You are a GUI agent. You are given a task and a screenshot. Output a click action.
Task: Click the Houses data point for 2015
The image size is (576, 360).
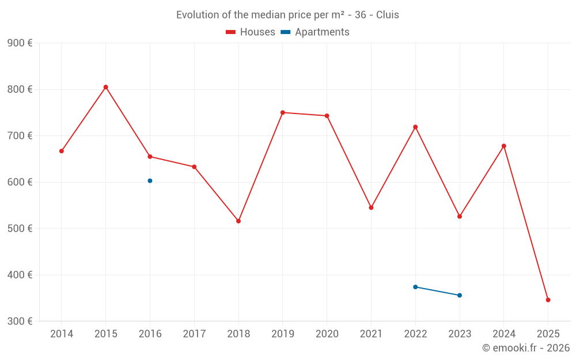[106, 87]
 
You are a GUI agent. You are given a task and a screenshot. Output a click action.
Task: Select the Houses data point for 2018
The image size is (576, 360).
[238, 221]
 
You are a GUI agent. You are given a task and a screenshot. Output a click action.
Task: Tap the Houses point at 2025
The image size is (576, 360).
[548, 300]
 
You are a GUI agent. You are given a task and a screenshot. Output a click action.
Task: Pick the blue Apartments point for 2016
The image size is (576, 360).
[150, 181]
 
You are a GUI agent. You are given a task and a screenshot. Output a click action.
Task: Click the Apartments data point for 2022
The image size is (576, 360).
[415, 287]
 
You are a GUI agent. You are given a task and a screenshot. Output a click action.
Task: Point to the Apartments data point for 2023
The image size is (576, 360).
[460, 295]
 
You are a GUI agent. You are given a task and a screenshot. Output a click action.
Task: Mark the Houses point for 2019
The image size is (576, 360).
[283, 112]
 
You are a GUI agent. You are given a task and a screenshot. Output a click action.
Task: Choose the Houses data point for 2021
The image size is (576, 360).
[371, 207]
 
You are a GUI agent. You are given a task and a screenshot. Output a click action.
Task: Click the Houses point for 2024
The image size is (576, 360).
[504, 146]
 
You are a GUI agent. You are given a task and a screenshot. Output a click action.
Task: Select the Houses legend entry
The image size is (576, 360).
[251, 32]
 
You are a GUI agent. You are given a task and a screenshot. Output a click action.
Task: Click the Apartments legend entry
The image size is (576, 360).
[315, 32]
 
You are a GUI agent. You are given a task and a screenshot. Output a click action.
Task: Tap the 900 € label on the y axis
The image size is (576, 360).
[20, 43]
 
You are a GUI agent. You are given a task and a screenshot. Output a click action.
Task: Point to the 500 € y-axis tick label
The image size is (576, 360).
[20, 229]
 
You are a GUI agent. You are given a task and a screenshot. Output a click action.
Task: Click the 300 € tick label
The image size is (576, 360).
[20, 321]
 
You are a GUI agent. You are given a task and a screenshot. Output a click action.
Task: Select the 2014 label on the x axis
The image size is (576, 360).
[62, 334]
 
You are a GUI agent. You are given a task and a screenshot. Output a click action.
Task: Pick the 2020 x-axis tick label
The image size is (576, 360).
[327, 334]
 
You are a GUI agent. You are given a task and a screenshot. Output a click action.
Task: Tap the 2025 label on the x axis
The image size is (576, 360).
[548, 334]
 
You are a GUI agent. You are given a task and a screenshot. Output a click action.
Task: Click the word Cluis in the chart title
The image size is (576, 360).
[387, 15]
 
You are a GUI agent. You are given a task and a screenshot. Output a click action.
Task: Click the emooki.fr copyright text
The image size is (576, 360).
[526, 348]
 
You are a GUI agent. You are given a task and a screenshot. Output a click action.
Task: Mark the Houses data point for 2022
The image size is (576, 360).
[415, 127]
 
